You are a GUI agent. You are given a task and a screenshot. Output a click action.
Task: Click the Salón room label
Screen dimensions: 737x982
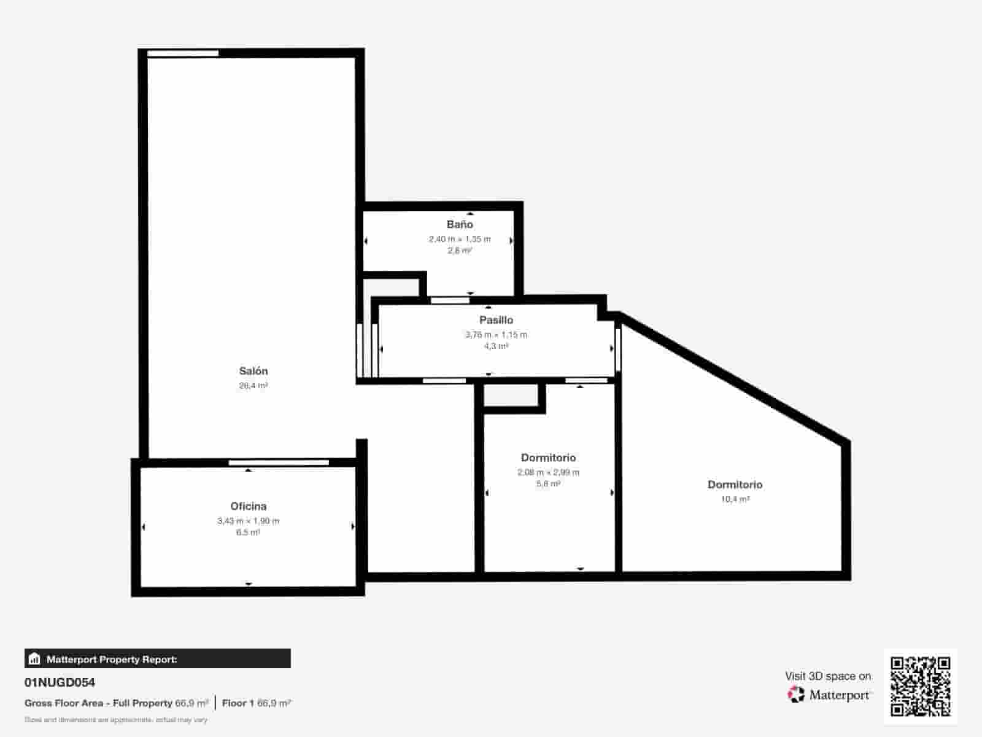(253, 371)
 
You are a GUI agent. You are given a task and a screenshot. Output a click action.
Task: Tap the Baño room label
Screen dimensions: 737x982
(460, 224)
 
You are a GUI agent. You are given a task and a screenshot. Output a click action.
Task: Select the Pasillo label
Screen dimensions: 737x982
(496, 320)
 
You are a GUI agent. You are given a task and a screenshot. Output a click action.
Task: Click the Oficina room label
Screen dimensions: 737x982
(248, 506)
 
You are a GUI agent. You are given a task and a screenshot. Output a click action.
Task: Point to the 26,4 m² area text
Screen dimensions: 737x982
(253, 386)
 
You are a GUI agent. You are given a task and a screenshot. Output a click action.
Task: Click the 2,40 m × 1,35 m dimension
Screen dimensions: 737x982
(460, 239)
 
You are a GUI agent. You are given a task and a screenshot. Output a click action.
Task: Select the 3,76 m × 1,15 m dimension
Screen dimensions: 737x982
(496, 335)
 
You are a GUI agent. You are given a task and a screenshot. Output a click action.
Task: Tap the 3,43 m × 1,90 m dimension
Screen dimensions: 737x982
(248, 521)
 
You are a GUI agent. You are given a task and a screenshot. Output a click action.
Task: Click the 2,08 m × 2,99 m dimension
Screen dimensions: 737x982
(548, 472)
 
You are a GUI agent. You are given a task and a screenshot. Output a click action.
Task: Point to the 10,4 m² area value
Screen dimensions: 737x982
(735, 499)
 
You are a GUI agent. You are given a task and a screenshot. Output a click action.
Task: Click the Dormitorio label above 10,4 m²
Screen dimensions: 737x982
(735, 485)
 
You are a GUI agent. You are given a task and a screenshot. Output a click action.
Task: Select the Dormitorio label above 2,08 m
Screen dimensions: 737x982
(548, 458)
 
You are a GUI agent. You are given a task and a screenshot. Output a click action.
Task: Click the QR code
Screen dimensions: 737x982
(920, 686)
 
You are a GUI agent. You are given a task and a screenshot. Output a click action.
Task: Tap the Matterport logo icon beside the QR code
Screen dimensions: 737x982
(796, 695)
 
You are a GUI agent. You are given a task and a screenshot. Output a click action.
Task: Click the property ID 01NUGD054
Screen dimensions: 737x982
(60, 682)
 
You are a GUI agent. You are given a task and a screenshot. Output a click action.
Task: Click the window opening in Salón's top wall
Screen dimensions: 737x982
(183, 53)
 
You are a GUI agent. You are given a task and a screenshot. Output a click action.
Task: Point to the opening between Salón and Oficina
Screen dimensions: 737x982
(279, 462)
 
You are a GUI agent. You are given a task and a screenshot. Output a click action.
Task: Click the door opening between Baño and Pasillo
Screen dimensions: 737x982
(450, 300)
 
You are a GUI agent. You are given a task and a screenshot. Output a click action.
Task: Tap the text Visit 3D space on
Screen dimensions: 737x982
(827, 676)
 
